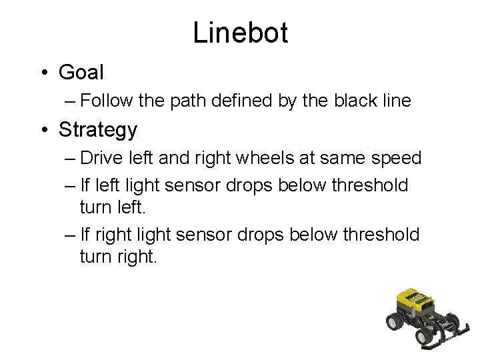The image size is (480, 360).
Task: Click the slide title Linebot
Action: point(240,32)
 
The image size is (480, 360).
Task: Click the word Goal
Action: point(81,71)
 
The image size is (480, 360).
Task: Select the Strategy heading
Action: point(98,129)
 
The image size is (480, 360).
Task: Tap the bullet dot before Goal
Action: point(43,72)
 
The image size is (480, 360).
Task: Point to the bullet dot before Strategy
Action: point(43,130)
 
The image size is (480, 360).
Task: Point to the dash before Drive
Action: point(71,159)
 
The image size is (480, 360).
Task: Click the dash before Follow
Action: point(71,101)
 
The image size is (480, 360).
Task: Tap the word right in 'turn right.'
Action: point(137,257)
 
